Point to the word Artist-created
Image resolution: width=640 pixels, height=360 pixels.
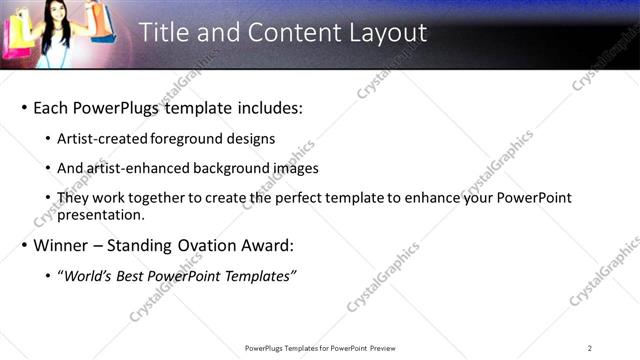click(105, 139)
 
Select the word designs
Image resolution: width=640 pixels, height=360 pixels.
click(249, 139)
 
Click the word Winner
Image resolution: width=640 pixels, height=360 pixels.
click(63, 245)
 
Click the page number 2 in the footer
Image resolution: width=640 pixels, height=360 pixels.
click(589, 348)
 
